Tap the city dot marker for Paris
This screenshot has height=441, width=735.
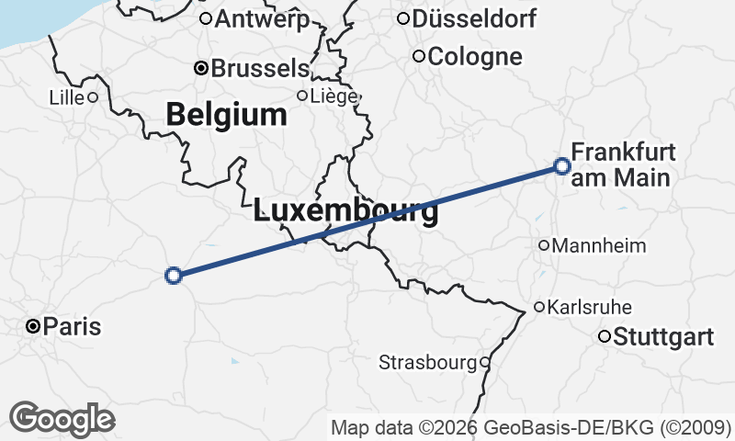click(x=33, y=326)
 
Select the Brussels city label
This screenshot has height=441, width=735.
click(x=260, y=68)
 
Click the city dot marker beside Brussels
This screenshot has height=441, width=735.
click(x=201, y=68)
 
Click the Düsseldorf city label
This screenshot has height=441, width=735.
click(x=475, y=18)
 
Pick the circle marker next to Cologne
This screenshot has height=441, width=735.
click(x=419, y=57)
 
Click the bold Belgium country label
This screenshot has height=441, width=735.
click(x=227, y=115)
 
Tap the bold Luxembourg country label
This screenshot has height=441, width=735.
click(x=345, y=211)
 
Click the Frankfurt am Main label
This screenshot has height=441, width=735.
click(x=623, y=164)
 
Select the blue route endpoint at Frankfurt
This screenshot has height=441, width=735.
click(x=562, y=166)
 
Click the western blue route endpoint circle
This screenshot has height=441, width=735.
click(x=173, y=275)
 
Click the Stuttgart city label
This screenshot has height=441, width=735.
click(x=663, y=337)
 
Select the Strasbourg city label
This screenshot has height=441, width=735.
click(x=428, y=363)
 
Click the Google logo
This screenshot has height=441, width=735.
click(x=62, y=419)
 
